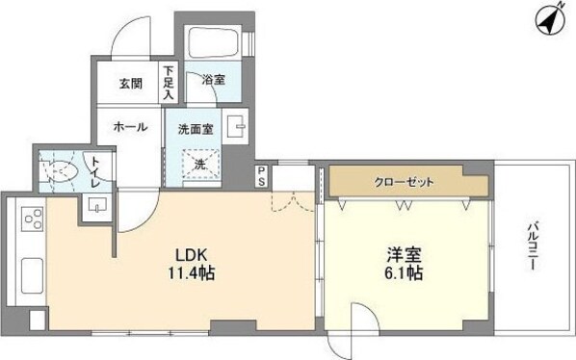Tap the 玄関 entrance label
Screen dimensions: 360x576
click(132, 83)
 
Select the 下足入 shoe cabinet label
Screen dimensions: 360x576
click(169, 83)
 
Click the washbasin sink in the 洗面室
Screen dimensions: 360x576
click(236, 124)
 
